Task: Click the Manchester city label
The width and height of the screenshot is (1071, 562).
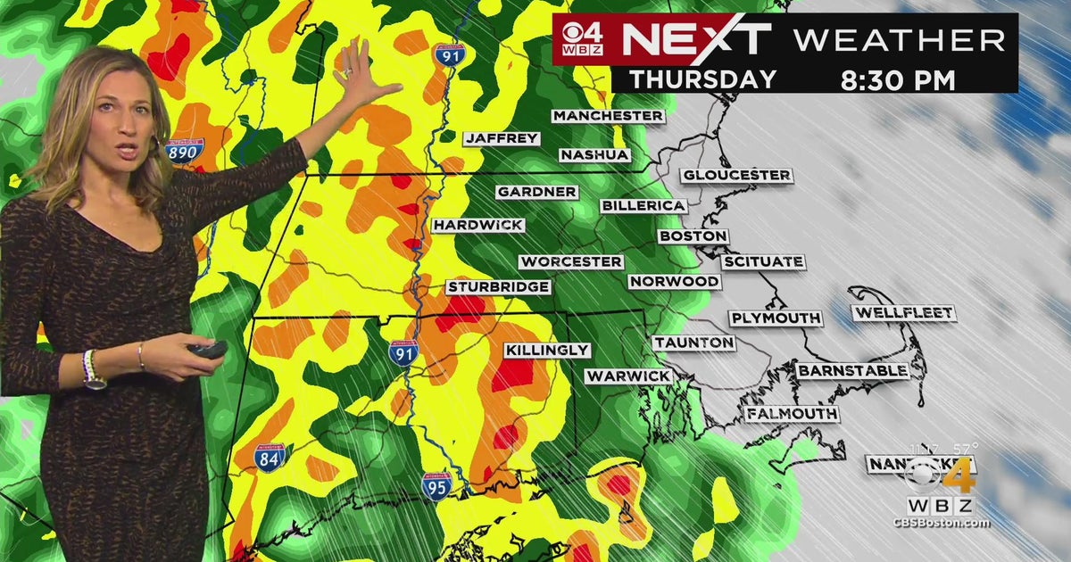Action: [x=608, y=116]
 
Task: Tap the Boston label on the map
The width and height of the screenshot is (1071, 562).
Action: [x=693, y=236]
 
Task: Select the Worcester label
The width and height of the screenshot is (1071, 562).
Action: [x=571, y=262]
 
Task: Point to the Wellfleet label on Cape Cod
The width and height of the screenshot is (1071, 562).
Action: [x=903, y=313]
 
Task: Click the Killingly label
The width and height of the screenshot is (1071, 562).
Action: [x=547, y=351]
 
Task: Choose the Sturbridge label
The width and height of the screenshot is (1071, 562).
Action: [x=498, y=287]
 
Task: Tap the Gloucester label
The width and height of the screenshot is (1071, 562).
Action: [x=736, y=176]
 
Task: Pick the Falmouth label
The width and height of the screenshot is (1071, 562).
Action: [x=793, y=415]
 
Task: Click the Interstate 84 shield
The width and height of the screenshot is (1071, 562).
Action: [x=270, y=458]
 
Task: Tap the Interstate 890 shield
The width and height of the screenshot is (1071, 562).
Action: [x=184, y=150]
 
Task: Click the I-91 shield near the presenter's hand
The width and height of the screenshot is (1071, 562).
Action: [x=449, y=54]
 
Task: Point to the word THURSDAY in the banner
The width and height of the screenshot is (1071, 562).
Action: [x=702, y=79]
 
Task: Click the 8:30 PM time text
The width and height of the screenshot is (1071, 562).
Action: [x=897, y=79]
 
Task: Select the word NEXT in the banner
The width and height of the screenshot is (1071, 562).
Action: [x=695, y=41]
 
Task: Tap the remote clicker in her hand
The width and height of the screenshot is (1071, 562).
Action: [x=208, y=349]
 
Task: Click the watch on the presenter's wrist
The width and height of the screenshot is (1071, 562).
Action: [x=93, y=371]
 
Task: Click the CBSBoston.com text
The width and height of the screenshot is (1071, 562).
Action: [x=941, y=523]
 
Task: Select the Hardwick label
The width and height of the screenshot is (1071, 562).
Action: [x=477, y=225]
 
